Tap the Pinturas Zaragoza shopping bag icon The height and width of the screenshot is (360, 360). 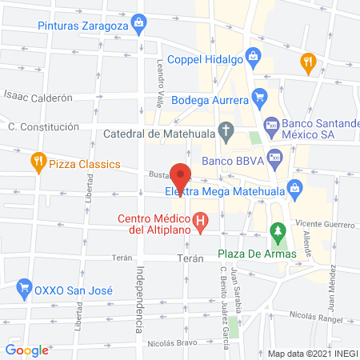point(140,22)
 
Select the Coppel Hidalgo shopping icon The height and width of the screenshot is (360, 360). point(253,56)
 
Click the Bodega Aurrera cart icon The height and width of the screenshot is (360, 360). point(258,100)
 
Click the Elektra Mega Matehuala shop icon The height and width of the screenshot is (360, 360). point(295,190)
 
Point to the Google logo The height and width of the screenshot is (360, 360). point(26,350)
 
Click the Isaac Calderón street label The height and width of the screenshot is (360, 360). point(38,98)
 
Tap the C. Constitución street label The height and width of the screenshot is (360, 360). point(43,126)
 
